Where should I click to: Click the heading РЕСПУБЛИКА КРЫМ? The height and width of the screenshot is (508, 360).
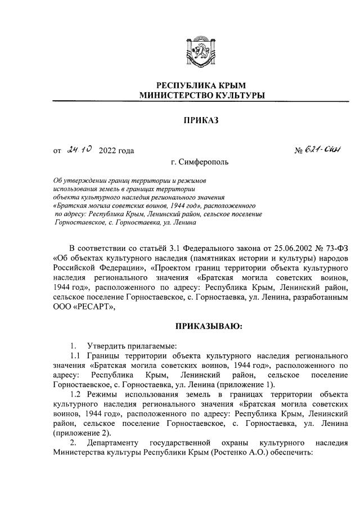[202, 85]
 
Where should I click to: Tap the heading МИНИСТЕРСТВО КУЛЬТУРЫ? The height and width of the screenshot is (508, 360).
[202, 96]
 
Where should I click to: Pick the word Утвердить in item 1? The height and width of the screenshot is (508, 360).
[103, 345]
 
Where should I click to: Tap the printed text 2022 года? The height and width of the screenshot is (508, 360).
[116, 150]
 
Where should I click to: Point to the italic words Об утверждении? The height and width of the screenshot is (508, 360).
[76, 180]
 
